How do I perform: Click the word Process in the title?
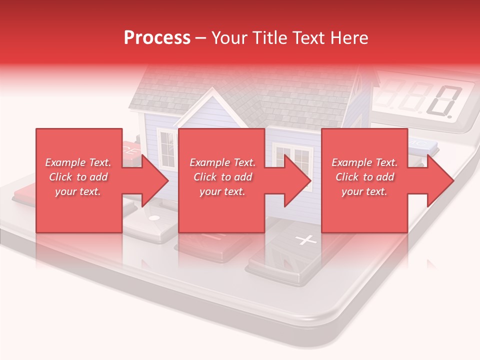click(x=157, y=38)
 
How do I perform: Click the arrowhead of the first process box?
click(x=155, y=180)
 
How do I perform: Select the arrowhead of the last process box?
click(x=440, y=180)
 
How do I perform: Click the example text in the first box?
click(x=78, y=177)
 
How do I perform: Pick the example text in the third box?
click(x=364, y=177)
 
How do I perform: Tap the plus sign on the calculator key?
click(x=305, y=240)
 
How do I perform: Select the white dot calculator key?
click(x=154, y=218)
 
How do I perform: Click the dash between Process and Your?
click(x=201, y=38)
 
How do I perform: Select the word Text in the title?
click(x=308, y=38)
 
